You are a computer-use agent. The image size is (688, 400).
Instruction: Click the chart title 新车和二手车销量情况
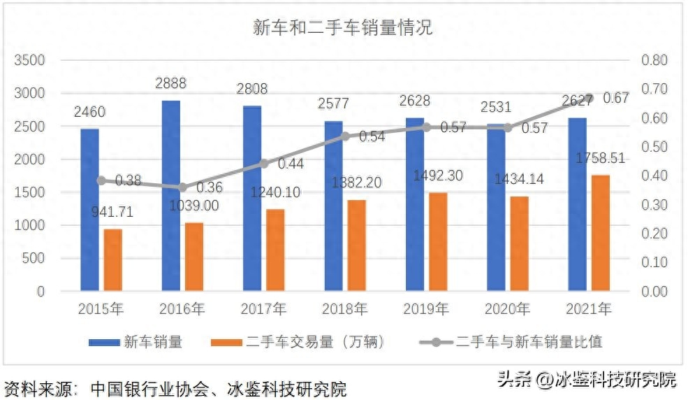click(x=342, y=27)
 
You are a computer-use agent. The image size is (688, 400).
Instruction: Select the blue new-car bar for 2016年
click(x=171, y=196)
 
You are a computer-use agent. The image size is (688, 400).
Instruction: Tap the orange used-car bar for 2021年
click(x=601, y=233)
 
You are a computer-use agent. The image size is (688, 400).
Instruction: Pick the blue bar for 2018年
click(x=334, y=206)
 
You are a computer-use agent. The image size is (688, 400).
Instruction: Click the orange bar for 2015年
click(x=113, y=259)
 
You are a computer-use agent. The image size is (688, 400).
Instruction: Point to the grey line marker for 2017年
click(x=264, y=164)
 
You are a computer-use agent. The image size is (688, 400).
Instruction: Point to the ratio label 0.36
click(x=209, y=187)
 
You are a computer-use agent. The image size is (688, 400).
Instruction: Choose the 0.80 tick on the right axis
click(x=654, y=60)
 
